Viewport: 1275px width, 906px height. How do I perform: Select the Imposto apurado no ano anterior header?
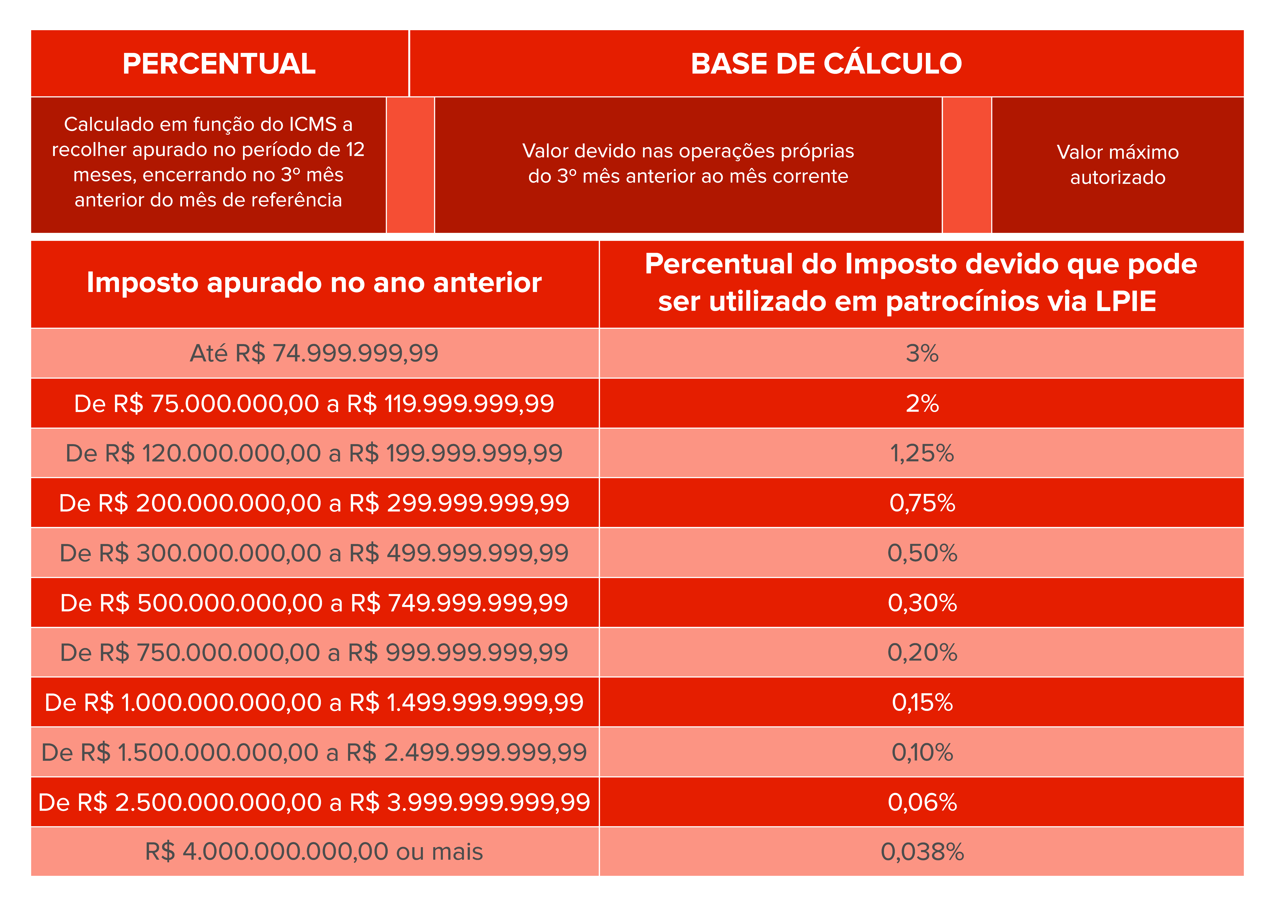pos(314,283)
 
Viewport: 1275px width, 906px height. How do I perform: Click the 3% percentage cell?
pos(922,353)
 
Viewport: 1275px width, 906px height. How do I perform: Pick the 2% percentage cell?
pos(922,403)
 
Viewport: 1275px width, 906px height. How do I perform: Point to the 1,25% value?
pos(922,453)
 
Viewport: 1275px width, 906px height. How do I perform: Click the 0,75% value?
pos(922,503)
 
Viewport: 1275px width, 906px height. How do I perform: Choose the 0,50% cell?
pos(922,553)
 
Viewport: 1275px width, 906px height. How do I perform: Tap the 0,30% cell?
pos(922,603)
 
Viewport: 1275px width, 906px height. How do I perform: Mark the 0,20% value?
pos(922,652)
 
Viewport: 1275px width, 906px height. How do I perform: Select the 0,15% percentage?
pos(922,702)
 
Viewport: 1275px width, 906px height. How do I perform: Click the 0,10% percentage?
pos(922,752)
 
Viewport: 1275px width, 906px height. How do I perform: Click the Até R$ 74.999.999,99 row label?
pos(314,353)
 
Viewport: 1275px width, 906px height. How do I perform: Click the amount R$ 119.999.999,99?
pos(450,403)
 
